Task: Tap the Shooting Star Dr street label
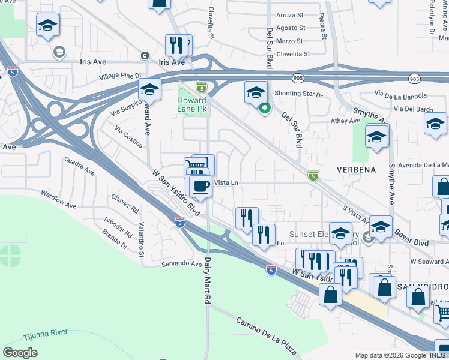pyautogui.click(x=298, y=94)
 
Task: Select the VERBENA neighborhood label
pyautogui.click(x=356, y=170)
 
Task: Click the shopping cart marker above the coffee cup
pyautogui.click(x=199, y=165)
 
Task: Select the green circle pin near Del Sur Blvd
pyautogui.click(x=264, y=109)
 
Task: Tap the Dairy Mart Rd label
pyautogui.click(x=208, y=280)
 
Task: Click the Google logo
pyautogui.click(x=20, y=352)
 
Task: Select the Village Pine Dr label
pyautogui.click(x=120, y=76)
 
